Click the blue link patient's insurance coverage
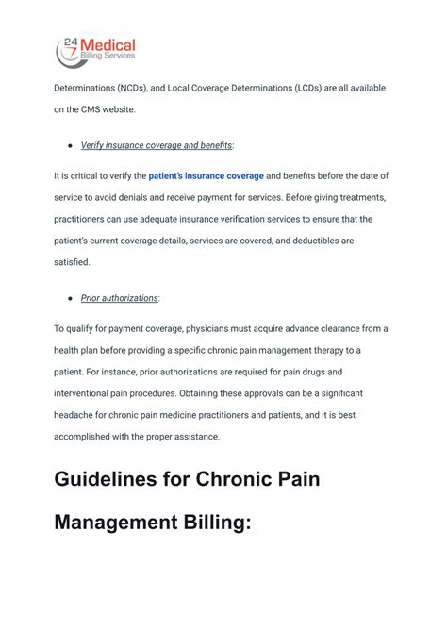pos(207,175)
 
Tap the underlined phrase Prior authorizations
pos(120,298)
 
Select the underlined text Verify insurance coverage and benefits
pos(157,145)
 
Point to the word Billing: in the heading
pos(215,522)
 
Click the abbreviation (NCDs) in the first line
pos(140,88)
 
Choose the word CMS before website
pos(94,109)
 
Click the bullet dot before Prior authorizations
pos(71,298)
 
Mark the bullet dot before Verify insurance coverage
pos(71,145)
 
